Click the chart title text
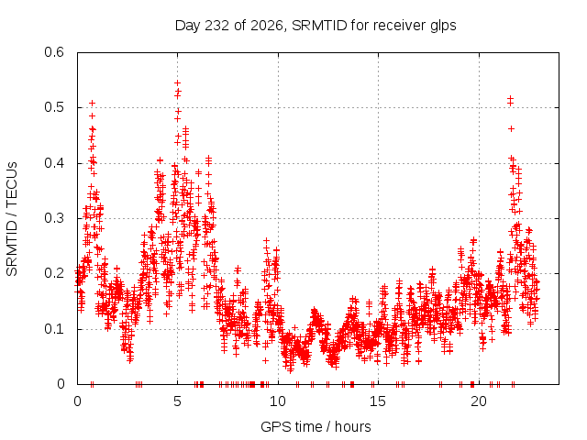(316, 26)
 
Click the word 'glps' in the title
(443, 27)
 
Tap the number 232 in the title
(217, 26)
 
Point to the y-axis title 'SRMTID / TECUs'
(12, 219)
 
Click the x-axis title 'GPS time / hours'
(316, 426)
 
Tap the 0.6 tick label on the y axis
(54, 52)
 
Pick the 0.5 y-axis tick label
(54, 107)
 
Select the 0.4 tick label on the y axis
(54, 163)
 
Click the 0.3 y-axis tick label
(54, 218)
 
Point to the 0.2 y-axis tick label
(54, 273)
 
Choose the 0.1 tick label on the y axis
(54, 329)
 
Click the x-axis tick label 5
(177, 401)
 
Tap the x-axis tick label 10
(278, 401)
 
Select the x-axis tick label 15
(378, 401)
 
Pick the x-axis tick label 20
(479, 401)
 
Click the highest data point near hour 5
(177, 82)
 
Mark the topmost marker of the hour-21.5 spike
(510, 98)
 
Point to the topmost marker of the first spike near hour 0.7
(92, 103)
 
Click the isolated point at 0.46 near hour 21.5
(511, 128)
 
